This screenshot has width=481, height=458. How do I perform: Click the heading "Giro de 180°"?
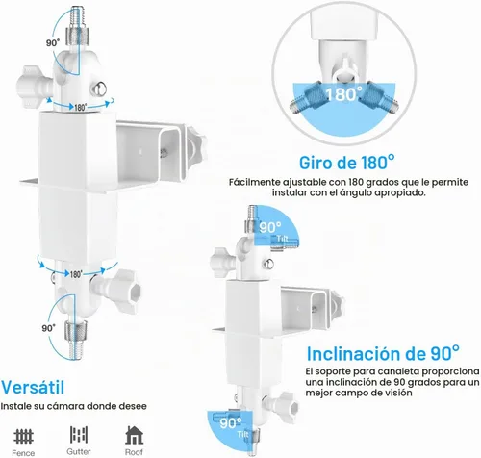click(347, 162)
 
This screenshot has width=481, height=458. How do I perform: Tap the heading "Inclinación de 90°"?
click(383, 353)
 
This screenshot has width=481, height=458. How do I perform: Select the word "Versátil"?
click(33, 387)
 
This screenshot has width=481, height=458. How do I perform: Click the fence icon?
click(23, 436)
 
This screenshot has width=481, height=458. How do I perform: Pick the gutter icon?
click(79, 434)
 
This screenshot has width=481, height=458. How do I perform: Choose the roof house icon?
click(134, 435)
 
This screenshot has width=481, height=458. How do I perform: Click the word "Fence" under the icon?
click(23, 453)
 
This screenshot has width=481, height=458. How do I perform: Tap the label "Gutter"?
click(79, 451)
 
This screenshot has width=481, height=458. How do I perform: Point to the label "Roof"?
click(134, 452)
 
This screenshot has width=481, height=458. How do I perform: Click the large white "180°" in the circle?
click(343, 94)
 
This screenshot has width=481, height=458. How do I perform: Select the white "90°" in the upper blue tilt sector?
click(270, 227)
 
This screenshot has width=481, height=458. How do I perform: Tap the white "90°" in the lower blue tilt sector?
click(231, 423)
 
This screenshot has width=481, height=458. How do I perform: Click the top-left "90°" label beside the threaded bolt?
click(53, 43)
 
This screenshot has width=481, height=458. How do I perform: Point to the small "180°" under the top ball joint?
click(80, 107)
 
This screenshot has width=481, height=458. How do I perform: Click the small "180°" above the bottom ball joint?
click(76, 274)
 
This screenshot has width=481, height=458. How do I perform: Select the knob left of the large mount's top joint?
click(32, 85)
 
